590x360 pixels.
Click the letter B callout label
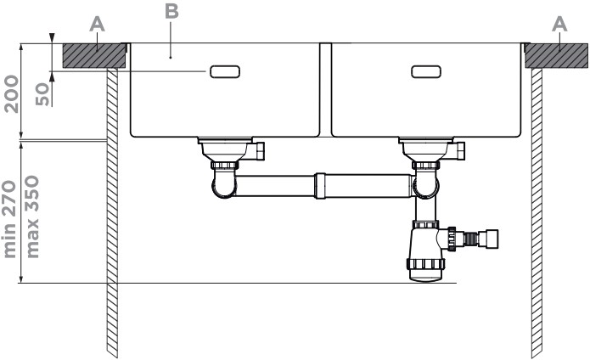tap(171, 11)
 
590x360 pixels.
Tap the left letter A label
tap(97, 25)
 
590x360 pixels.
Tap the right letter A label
tap(559, 25)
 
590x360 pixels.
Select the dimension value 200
tap(11, 94)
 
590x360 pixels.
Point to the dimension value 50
tap(42, 94)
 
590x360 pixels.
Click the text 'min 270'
tap(10, 219)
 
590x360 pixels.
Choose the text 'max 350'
tap(33, 217)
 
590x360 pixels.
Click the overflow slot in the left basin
tap(225, 71)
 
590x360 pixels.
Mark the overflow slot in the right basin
tap(426, 71)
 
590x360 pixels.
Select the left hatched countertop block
tap(93, 56)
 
